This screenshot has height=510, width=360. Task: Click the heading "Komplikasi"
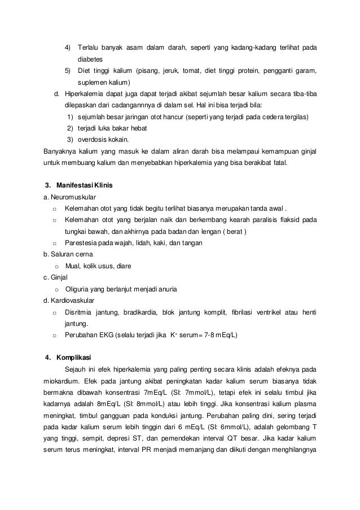pos(73,357)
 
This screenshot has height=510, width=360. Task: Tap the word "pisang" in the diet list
pos(148,71)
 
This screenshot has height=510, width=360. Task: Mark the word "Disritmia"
pos(80,312)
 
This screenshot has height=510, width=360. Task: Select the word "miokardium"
pos(62,381)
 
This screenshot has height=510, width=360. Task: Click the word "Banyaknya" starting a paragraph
pos(62,151)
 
